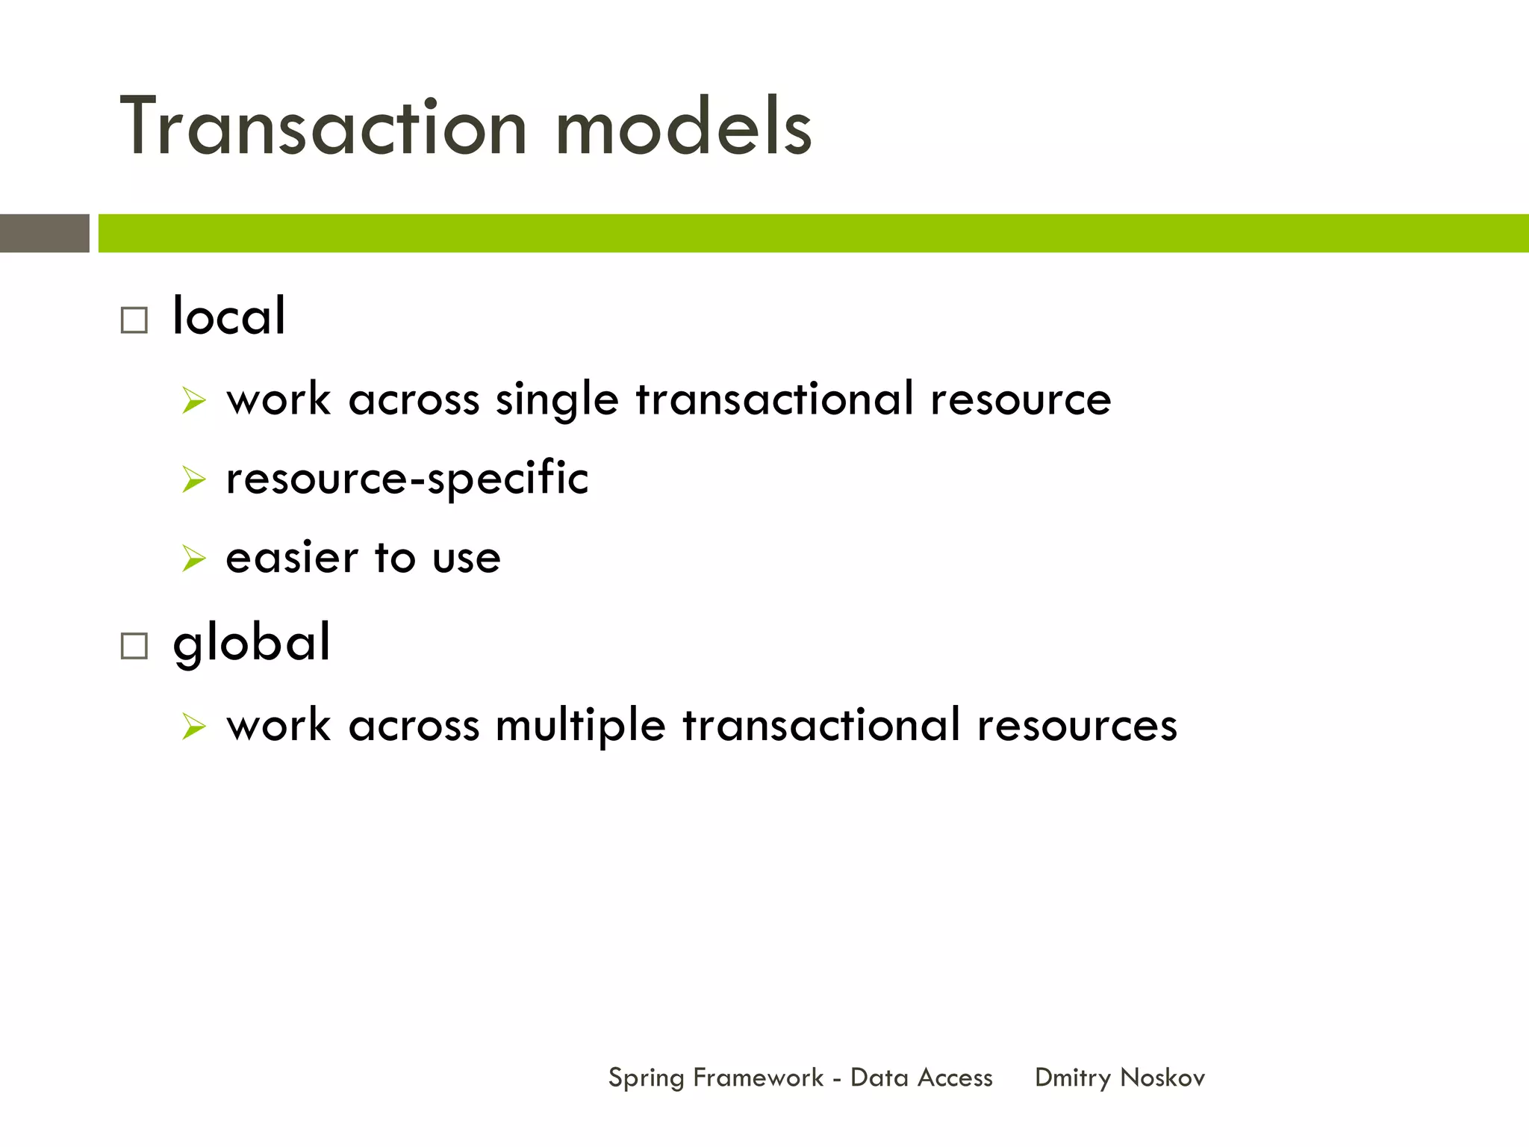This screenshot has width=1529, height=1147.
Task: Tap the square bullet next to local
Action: [134, 320]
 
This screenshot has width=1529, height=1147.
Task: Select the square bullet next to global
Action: [134, 646]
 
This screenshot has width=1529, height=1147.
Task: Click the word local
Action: [228, 316]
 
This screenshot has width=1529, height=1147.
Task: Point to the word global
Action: [252, 643]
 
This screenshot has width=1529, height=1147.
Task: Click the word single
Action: [557, 400]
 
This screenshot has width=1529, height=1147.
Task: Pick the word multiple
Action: [580, 726]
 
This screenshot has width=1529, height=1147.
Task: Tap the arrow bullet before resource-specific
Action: [193, 479]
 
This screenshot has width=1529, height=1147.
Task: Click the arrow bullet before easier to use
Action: [193, 559]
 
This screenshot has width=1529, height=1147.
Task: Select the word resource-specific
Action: [407, 479]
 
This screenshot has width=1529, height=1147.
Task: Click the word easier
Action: [292, 558]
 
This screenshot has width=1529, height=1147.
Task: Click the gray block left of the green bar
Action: [44, 233]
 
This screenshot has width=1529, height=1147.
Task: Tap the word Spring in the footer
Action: [646, 1078]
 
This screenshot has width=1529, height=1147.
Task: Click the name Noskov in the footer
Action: [1162, 1078]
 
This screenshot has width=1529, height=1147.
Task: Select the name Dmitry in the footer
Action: [1073, 1078]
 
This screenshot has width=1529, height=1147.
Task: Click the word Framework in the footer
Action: [758, 1078]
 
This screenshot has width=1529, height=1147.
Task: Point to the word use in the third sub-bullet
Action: [466, 559]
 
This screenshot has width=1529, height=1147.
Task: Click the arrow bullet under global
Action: [193, 726]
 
